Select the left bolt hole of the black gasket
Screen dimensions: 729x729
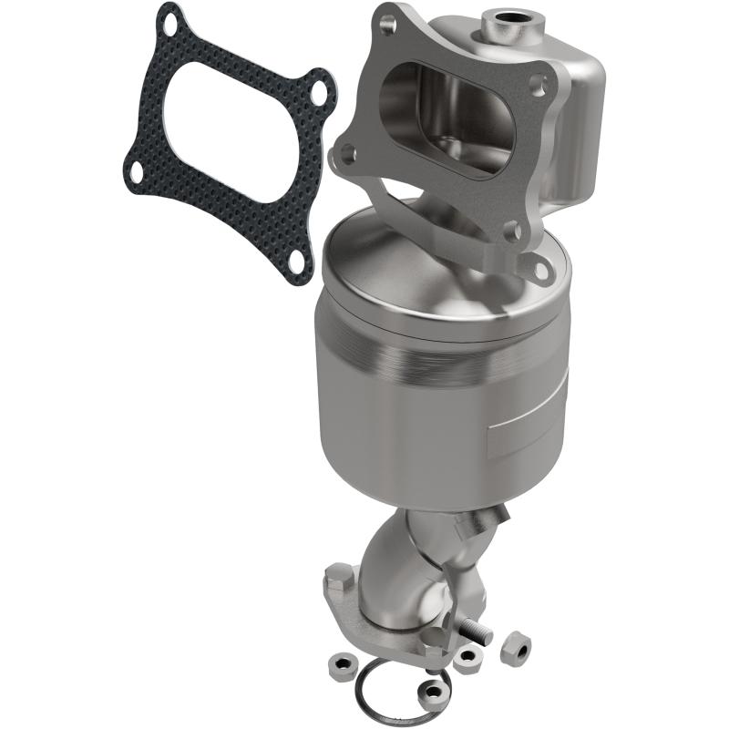pos(161,170)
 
